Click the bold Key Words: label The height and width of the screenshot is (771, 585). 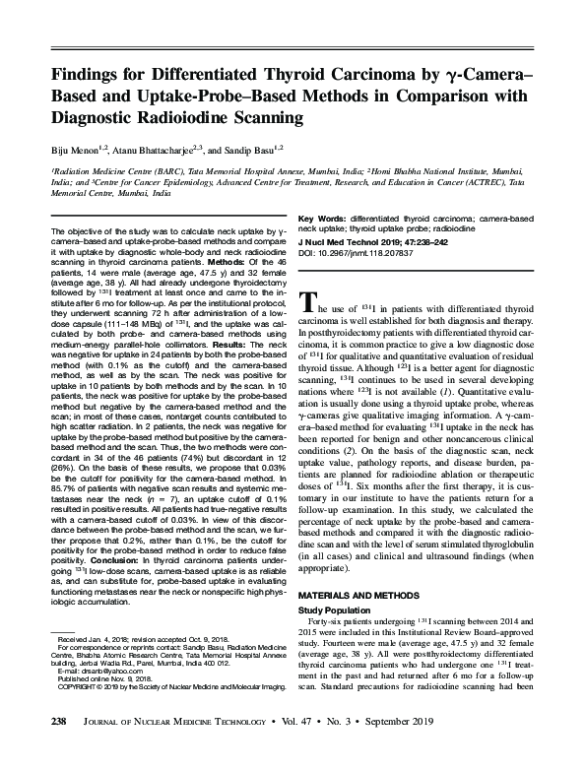click(x=320, y=217)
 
